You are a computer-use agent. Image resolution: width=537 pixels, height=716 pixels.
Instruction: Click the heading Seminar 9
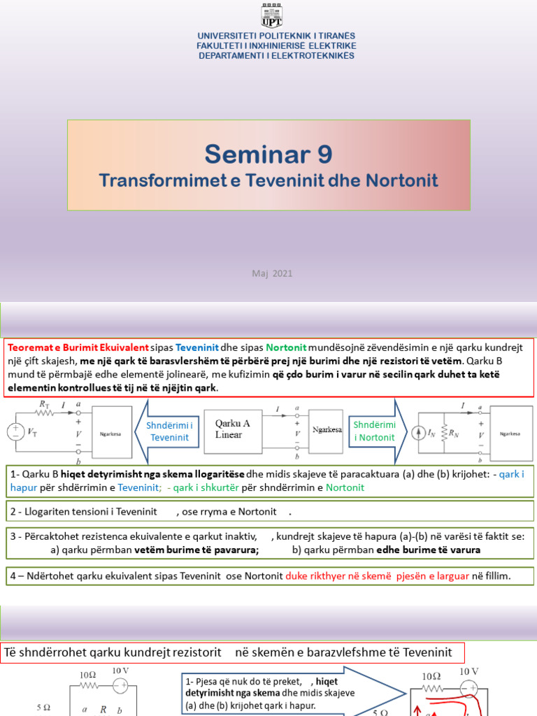pyautogui.click(x=268, y=153)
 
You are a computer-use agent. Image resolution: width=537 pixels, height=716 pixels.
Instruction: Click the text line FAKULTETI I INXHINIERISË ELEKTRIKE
pyautogui.click(x=276, y=45)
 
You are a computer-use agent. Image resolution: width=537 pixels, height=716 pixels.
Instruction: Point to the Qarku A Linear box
pyautogui.click(x=233, y=429)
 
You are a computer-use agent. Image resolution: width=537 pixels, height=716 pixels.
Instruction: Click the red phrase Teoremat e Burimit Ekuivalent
pyautogui.click(x=78, y=348)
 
